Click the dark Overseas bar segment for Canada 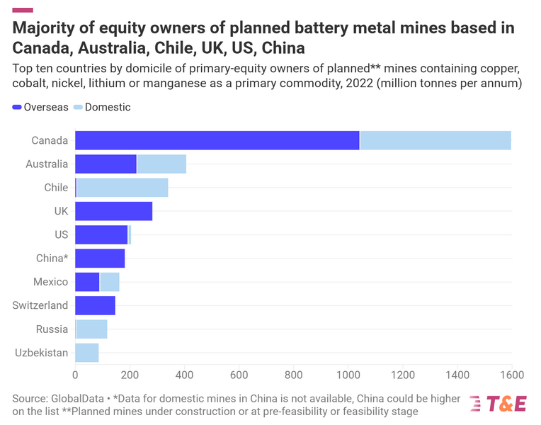(x=217, y=140)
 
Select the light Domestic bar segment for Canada (x=435, y=140)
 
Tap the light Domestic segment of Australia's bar (x=161, y=164)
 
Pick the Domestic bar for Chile (x=122, y=188)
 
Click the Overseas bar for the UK (x=113, y=211)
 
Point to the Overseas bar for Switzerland (x=95, y=305)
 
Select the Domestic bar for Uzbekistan (x=86, y=353)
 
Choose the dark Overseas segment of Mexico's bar (x=87, y=282)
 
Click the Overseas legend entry (x=40, y=107)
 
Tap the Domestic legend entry (x=102, y=107)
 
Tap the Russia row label (x=52, y=329)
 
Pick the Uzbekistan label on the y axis (x=41, y=353)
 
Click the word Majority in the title (x=45, y=29)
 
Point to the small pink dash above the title (x=23, y=9)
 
